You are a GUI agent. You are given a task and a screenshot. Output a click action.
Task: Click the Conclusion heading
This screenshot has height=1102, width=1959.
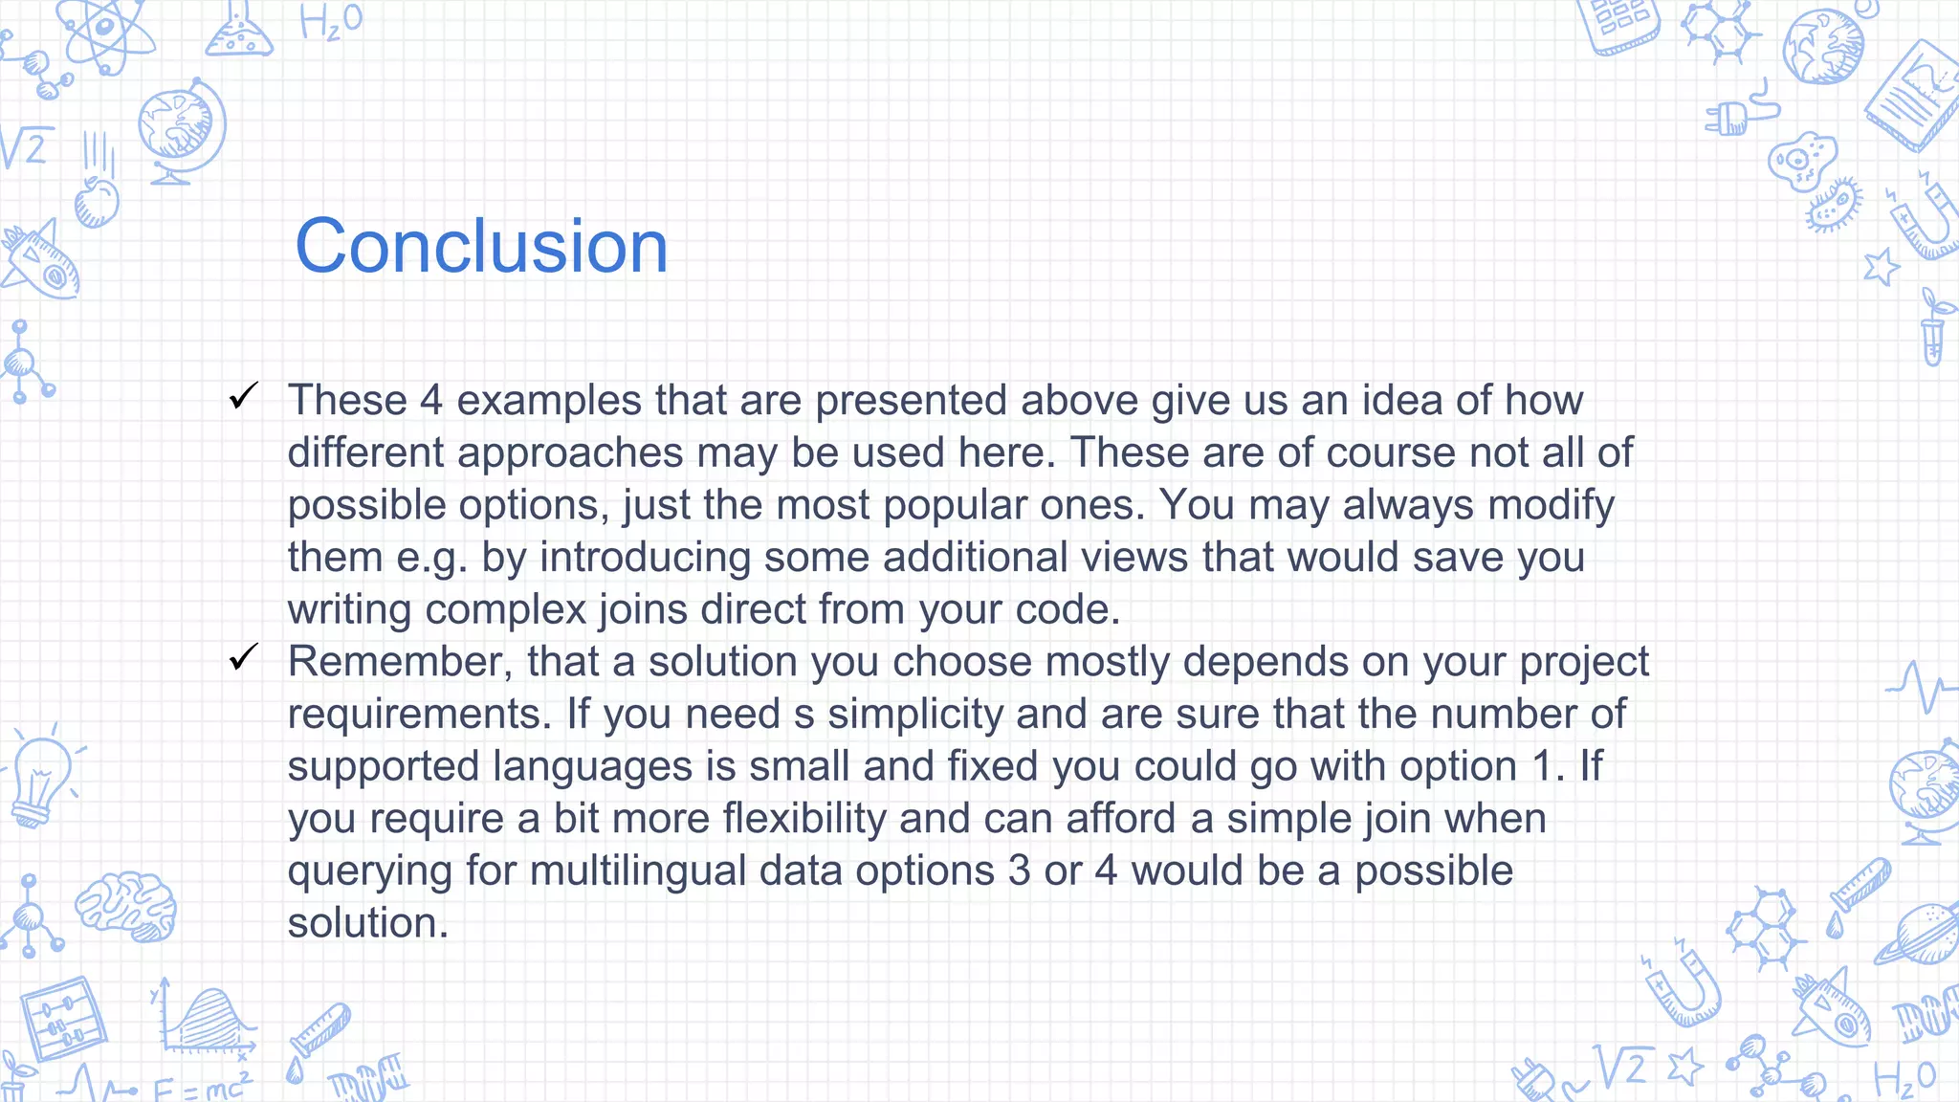(481, 247)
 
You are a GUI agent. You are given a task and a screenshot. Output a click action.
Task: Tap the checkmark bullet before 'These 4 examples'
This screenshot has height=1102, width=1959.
(244, 396)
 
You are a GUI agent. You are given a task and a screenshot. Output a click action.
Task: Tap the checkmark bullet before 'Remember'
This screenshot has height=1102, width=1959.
(244, 657)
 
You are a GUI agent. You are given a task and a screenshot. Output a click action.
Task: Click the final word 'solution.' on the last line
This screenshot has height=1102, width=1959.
(367, 923)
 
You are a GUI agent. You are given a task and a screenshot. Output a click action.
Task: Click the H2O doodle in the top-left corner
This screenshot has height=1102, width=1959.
(330, 22)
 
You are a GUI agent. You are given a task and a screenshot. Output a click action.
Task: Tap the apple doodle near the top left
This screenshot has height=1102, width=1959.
(97, 202)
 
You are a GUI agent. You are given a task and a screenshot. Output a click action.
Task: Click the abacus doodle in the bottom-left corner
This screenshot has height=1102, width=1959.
(63, 1019)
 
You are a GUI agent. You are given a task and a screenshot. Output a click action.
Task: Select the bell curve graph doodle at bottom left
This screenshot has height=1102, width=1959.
(206, 1022)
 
